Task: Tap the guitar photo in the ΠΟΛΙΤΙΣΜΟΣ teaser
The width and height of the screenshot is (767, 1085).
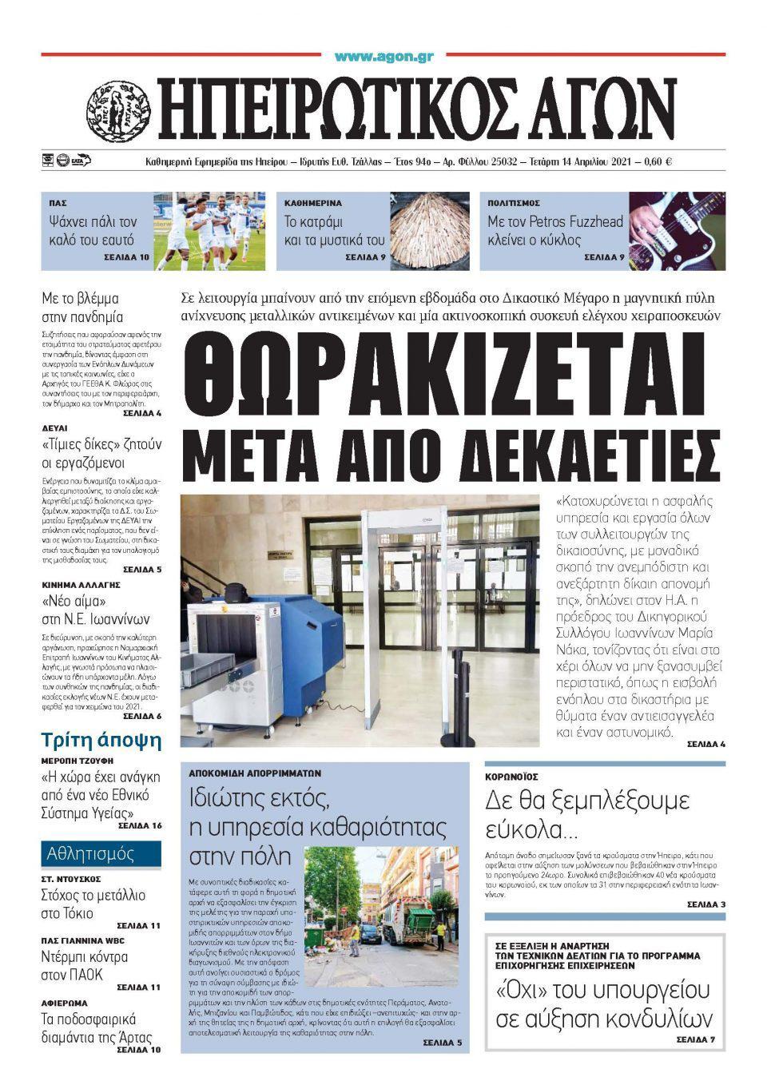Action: pyautogui.click(x=678, y=231)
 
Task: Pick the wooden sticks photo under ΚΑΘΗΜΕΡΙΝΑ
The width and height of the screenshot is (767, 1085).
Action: pyautogui.click(x=430, y=231)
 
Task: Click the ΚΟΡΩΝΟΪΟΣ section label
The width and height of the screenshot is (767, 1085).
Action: pyautogui.click(x=511, y=777)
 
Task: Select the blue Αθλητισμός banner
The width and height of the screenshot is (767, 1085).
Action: pyautogui.click(x=101, y=853)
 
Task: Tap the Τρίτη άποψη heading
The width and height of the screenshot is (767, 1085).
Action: pyautogui.click(x=101, y=740)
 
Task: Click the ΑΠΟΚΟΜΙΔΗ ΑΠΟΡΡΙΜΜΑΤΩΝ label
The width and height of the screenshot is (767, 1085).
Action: pyautogui.click(x=255, y=773)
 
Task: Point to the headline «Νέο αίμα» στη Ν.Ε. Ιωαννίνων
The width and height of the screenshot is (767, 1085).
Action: pyautogui.click(x=96, y=610)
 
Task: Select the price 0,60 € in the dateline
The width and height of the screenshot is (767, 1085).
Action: pyautogui.click(x=656, y=161)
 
